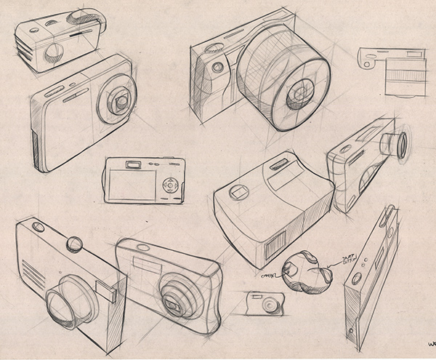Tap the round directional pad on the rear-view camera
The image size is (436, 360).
(170, 185)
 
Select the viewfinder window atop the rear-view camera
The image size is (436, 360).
(134, 164)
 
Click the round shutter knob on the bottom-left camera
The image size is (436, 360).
(74, 244)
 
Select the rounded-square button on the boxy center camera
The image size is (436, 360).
(238, 193)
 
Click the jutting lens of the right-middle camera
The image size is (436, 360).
(398, 145)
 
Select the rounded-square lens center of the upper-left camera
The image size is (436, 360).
(118, 100)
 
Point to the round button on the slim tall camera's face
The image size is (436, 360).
(357, 278)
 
